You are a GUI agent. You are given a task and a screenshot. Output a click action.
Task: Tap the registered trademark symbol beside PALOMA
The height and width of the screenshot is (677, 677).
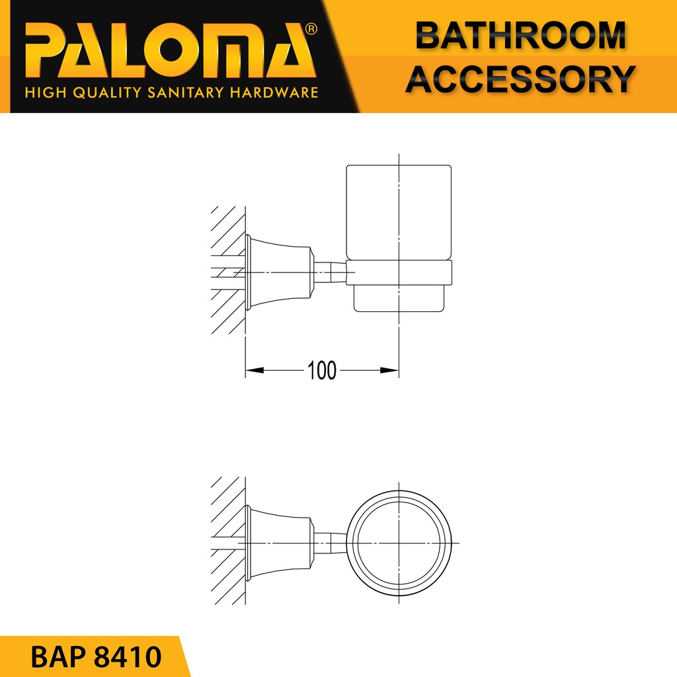point(311,29)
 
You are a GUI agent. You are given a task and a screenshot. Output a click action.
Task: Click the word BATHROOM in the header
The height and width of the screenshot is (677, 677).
point(521,36)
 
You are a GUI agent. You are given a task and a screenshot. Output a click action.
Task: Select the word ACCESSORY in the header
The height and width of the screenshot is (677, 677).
point(521,79)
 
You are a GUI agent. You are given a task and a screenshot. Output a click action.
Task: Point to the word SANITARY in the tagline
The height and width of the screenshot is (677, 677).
point(185,93)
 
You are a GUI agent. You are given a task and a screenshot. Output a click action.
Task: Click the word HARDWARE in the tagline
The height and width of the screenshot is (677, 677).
point(274,93)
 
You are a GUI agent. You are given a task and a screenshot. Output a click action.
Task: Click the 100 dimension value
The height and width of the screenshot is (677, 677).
point(322,370)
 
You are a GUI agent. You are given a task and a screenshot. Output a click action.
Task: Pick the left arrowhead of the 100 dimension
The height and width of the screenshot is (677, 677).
point(255,370)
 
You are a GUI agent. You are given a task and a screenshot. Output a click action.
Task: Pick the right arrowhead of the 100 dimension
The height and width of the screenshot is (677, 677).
point(389,370)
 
